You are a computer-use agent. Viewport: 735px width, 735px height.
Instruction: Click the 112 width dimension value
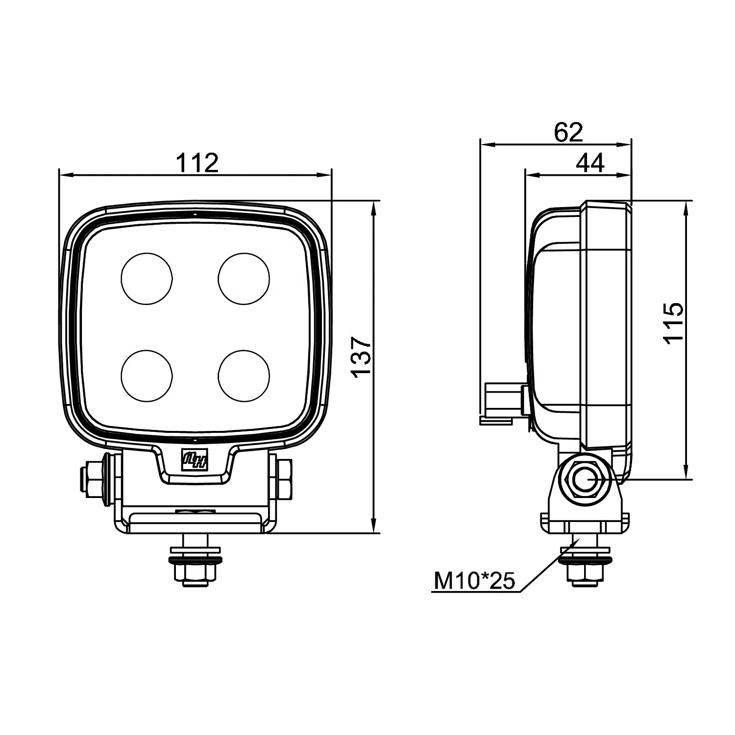197,163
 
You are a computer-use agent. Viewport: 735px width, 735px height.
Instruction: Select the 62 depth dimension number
568,132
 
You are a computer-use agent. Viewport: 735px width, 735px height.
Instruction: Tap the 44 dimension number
590,163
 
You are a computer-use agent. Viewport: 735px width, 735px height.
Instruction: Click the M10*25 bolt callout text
474,581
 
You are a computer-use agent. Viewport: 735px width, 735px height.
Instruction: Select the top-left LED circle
147,278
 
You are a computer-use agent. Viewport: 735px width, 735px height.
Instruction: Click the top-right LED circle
244,278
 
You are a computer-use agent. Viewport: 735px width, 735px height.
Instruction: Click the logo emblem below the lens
195,461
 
